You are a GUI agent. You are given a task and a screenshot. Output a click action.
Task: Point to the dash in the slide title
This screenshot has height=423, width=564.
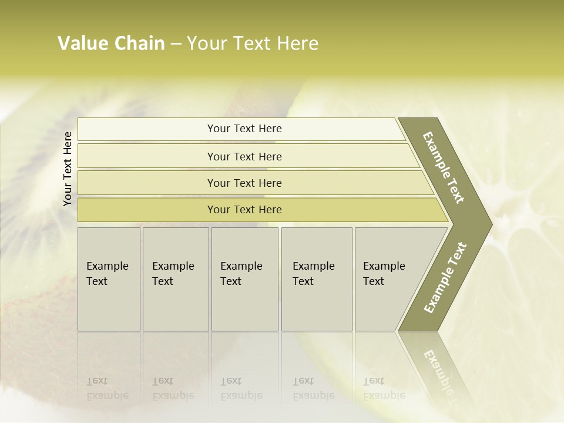176,44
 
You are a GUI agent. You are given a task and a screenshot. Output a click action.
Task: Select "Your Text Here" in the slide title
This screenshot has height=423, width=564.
253,43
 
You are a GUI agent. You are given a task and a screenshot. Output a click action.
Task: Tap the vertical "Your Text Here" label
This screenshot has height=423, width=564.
68,169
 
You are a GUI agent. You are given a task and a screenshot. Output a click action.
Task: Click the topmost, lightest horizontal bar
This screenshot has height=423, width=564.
244,129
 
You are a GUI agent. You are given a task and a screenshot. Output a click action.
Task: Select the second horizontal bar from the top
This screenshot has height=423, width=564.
244,156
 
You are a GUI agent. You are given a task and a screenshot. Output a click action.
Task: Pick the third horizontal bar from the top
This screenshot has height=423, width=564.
244,183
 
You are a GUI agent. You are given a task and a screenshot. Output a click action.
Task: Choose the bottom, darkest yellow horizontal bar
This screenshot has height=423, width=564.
244,210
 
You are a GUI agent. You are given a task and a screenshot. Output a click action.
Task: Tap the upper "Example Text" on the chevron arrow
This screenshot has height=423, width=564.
444,168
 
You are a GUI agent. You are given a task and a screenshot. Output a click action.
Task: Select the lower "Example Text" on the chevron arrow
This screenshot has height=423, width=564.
445,278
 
